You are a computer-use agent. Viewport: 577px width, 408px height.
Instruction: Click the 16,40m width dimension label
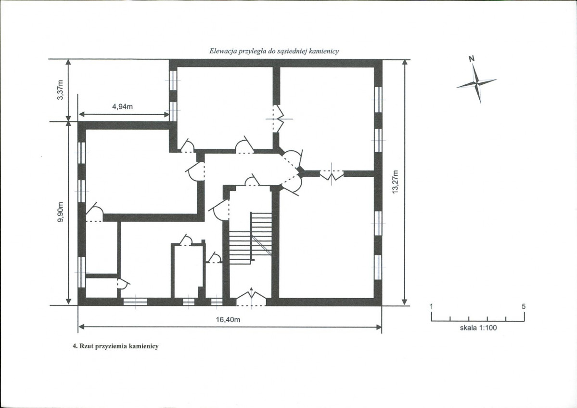point(228,320)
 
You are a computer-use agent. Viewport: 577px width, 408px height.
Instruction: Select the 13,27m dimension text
point(395,182)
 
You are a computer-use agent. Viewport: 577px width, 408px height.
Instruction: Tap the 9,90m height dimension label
point(61,212)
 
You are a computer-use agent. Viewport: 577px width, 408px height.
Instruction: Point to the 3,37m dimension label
point(61,90)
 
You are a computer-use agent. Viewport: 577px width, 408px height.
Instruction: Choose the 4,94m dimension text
point(123,107)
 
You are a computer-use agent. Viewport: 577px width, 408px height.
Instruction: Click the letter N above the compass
point(472,58)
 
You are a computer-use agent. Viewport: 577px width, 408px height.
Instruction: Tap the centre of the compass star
point(476,84)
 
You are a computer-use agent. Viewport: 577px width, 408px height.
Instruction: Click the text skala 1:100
point(478,328)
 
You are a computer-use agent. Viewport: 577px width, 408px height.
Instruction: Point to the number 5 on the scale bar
point(524,306)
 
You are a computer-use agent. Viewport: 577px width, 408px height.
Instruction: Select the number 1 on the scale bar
point(431,306)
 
